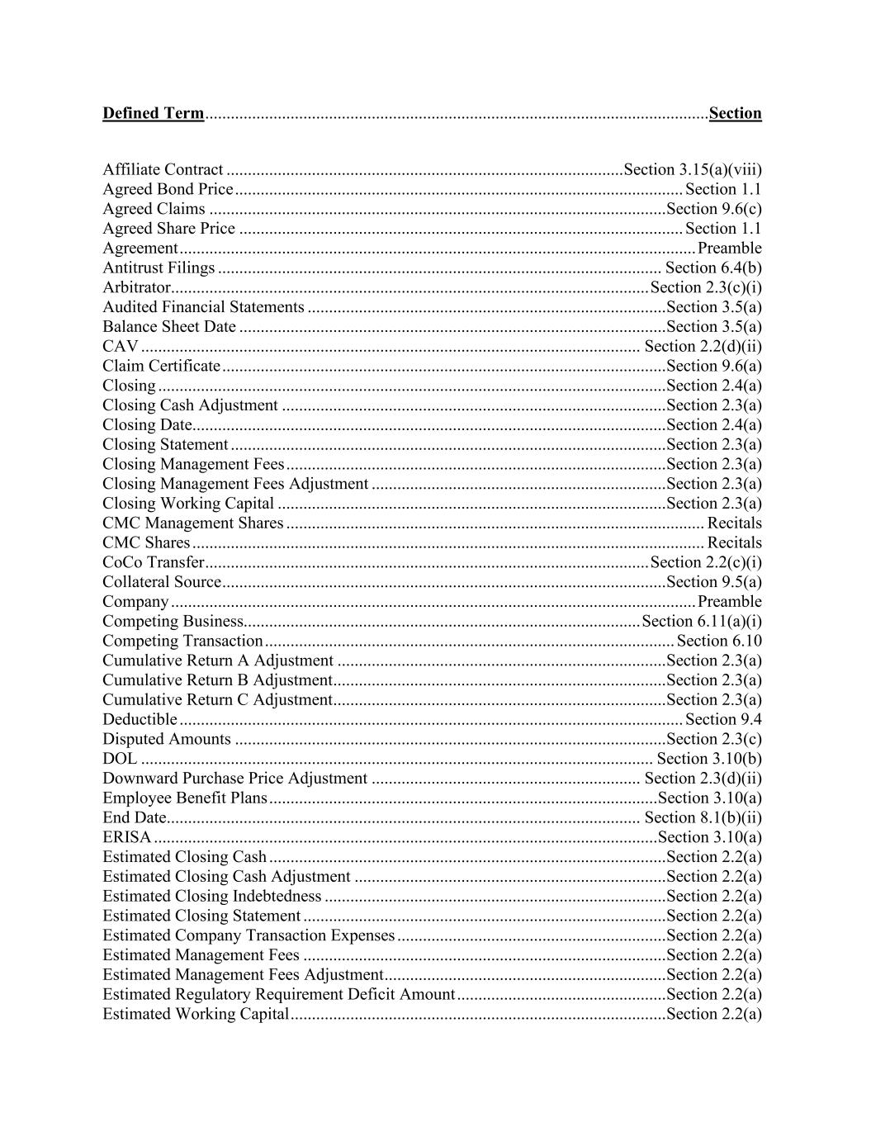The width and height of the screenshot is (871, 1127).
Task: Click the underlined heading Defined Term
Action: [153, 113]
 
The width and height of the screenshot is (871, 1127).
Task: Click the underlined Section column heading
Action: [735, 113]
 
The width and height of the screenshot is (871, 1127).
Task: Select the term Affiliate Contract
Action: [163, 170]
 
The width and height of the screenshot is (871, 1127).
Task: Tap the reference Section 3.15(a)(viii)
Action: [693, 170]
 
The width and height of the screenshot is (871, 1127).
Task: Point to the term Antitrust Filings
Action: [159, 268]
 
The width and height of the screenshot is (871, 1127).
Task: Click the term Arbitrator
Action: [136, 288]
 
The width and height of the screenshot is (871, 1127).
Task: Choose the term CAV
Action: [121, 347]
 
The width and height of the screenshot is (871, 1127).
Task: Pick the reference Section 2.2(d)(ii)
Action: [703, 347]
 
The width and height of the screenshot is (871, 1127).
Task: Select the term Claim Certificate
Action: [162, 367]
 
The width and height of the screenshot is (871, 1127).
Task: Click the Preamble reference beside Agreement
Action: [730, 249]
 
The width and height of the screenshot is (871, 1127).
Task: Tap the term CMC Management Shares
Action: [192, 523]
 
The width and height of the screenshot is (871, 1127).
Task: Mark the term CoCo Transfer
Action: [153, 563]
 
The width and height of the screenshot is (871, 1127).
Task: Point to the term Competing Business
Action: [173, 622]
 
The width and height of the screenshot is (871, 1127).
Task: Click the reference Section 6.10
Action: [719, 642]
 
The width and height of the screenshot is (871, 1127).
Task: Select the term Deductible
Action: [140, 720]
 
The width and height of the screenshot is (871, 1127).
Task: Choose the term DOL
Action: [120, 759]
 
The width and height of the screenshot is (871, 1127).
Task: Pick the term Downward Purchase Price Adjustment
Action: [234, 779]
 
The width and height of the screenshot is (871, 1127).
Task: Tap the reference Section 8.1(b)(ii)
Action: [703, 818]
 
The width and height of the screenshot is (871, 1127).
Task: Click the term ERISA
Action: [126, 838]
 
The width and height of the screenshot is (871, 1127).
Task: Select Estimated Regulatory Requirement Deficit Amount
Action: [278, 995]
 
